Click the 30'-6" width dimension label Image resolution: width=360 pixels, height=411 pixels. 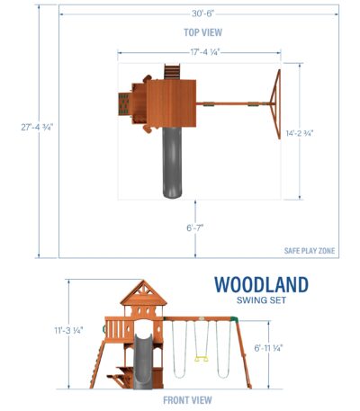click(203, 13)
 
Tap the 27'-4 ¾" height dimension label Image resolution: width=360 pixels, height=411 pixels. click(37, 128)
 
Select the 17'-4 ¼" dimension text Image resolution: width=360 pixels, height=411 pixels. click(205, 52)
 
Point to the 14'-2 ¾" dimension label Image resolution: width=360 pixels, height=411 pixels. click(300, 133)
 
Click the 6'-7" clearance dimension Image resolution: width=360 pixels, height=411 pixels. click(195, 228)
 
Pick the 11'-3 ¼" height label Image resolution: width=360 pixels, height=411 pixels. click(68, 330)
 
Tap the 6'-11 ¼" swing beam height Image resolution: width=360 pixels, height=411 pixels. click(268, 348)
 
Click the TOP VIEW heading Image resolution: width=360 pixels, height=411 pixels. click(203, 32)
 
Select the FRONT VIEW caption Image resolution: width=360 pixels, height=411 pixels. click(187, 400)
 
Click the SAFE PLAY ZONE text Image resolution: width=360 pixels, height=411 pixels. click(310, 251)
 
